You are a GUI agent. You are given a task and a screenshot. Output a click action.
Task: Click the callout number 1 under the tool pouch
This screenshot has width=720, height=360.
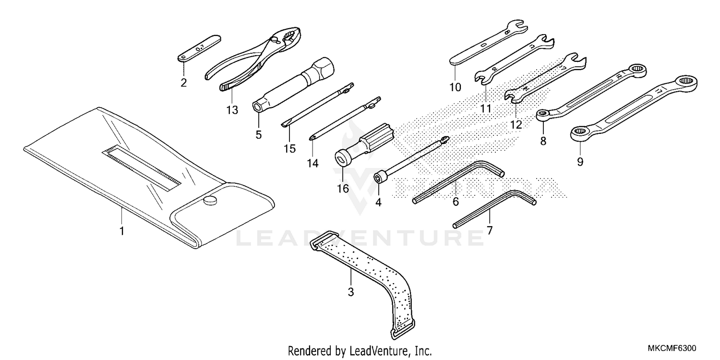tap(122, 231)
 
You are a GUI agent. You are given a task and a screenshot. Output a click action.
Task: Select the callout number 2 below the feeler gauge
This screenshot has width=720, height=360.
tap(183, 83)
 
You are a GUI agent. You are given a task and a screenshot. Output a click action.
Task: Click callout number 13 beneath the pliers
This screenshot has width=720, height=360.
tap(232, 110)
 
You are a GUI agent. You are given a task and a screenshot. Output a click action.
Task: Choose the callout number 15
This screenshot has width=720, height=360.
tap(289, 148)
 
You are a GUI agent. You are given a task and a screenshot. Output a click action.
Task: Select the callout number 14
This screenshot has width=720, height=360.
tap(312, 164)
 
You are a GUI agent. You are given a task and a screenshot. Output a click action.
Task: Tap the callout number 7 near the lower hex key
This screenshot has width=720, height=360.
tap(489, 230)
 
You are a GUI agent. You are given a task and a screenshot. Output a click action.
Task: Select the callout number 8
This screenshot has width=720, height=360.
tap(543, 141)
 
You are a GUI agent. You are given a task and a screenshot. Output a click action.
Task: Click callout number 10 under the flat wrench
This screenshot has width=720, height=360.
tap(455, 87)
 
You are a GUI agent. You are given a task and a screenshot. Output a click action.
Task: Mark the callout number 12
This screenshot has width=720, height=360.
tap(516, 124)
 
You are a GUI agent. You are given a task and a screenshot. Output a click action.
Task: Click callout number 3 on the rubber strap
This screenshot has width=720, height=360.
tap(350, 291)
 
